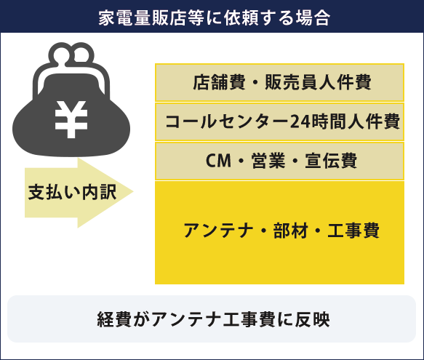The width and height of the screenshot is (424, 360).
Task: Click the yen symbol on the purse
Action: [x=71, y=119]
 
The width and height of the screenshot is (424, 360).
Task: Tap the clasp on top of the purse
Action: [x=71, y=55]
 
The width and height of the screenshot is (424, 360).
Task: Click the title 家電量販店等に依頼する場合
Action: [x=214, y=18]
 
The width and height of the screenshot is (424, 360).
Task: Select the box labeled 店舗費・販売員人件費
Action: [x=279, y=82]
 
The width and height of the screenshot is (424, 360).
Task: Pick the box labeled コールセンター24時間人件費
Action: [x=279, y=121]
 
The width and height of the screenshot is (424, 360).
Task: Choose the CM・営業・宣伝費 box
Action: [x=279, y=161]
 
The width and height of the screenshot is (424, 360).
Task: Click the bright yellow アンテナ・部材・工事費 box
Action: [x=279, y=233]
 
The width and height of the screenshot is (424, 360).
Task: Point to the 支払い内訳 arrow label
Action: [x=73, y=192]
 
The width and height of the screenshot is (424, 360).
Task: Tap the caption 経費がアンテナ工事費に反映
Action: [x=213, y=319]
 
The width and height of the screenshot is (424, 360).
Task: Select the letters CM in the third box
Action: [x=218, y=161]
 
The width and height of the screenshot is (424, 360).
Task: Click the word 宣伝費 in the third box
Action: [x=331, y=161]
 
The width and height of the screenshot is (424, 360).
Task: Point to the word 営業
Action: [x=268, y=161]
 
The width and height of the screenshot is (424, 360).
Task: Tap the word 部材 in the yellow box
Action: [x=290, y=231]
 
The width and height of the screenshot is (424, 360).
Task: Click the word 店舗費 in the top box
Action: [x=219, y=82]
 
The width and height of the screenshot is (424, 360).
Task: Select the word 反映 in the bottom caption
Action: [x=313, y=319]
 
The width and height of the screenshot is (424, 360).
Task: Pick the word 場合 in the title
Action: [x=313, y=18]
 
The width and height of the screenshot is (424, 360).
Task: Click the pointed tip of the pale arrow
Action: [x=133, y=192]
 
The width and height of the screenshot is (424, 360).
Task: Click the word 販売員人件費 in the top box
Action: [x=318, y=82]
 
